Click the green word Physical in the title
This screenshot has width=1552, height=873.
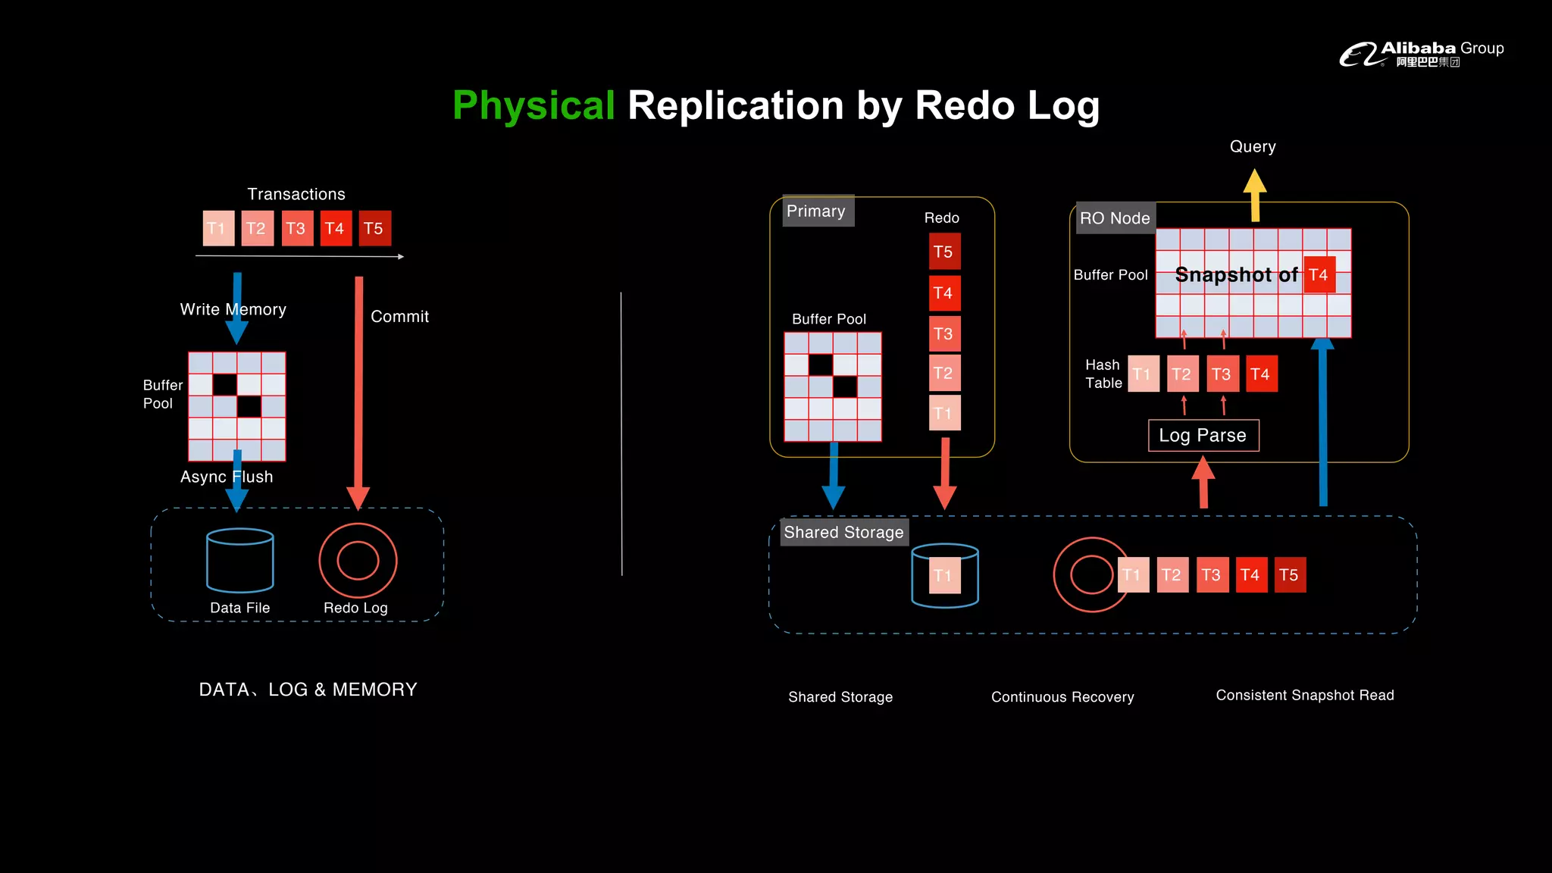[533, 105]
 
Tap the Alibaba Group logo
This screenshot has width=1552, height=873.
[1420, 54]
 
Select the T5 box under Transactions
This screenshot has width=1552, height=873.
[374, 228]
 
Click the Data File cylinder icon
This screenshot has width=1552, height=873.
[240, 561]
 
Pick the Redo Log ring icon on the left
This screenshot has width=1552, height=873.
[358, 561]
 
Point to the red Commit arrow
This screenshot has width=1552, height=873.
[358, 386]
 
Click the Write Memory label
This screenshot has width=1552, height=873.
[233, 309]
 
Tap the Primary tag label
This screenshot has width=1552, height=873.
[816, 211]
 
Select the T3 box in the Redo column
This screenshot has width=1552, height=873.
[944, 333]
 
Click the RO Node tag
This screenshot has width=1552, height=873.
[1115, 218]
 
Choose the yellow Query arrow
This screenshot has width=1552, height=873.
[1255, 193]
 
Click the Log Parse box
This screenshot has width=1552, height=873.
[1203, 435]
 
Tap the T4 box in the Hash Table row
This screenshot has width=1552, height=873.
[1261, 374]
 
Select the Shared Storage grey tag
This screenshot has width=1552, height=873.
[843, 532]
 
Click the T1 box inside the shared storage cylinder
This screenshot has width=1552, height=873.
[943, 575]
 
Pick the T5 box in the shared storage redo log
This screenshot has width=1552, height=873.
[1290, 574]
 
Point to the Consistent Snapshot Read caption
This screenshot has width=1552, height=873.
[1304, 695]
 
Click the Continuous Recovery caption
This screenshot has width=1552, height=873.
[1062, 696]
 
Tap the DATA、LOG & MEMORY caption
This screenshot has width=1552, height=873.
[308, 689]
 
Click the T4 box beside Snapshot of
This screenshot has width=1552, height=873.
[1319, 274]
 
